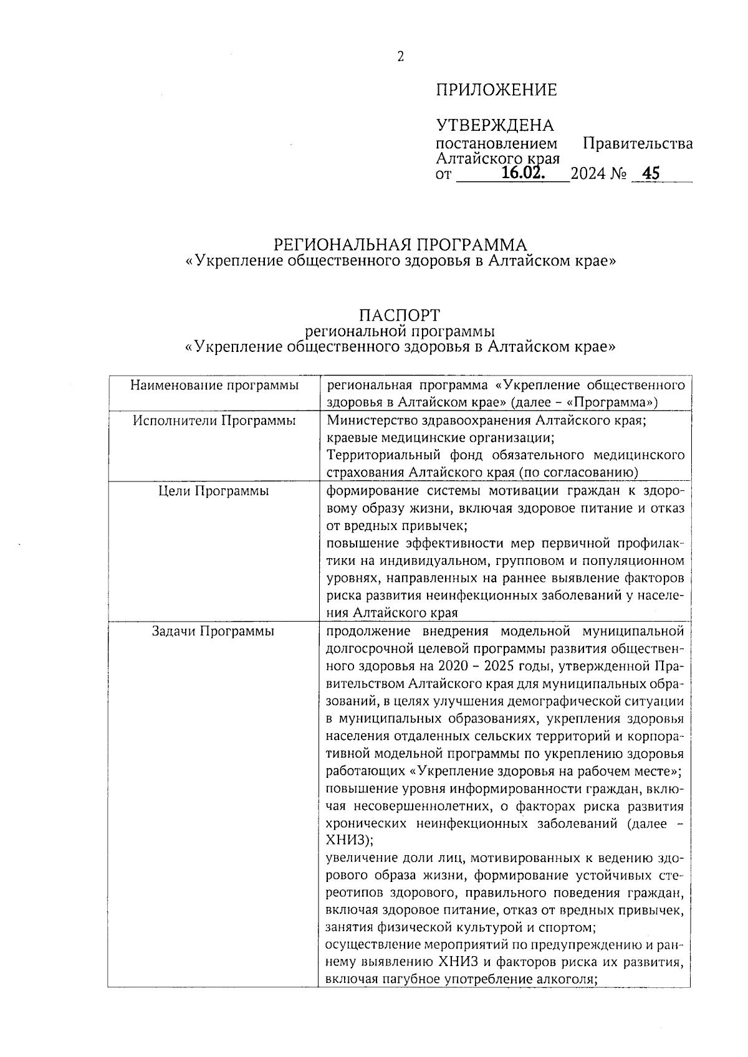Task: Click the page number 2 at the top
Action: tap(401, 57)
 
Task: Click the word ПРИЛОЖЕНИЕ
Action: tap(496, 90)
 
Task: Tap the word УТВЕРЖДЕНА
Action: tap(494, 126)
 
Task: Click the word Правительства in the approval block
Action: tap(637, 144)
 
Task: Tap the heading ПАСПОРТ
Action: tap(400, 315)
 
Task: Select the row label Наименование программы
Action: tap(214, 386)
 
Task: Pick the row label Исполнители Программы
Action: tap(214, 420)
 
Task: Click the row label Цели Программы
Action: tap(214, 491)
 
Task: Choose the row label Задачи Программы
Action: tap(214, 631)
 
